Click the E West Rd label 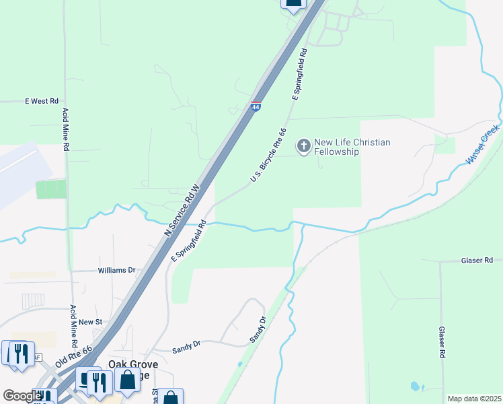pos(42,101)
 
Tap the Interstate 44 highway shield pos(256,106)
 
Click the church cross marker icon pos(304,145)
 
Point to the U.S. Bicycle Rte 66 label pos(268,156)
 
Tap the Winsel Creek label pos(483,144)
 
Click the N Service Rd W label pos(182,210)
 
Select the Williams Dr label pos(116,270)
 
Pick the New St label pos(89,323)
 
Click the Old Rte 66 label pos(73,354)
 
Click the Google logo pos(22,396)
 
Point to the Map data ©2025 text pos(473,399)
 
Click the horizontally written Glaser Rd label pos(477,260)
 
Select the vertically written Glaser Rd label pos(442,343)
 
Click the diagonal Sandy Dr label pos(259,330)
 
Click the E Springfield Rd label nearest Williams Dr pos(188,243)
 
